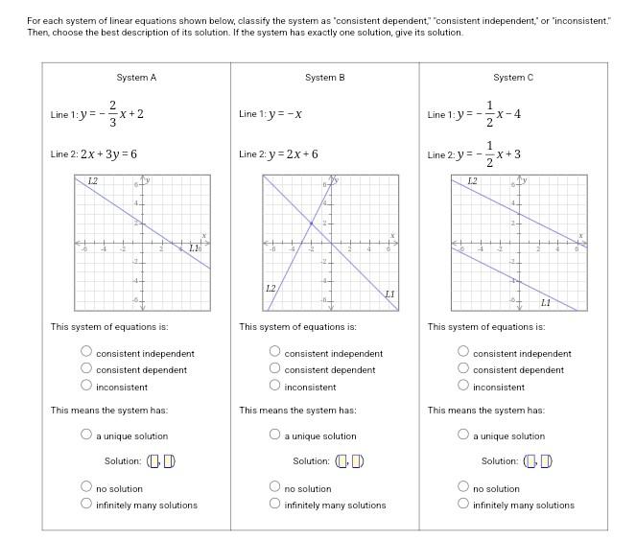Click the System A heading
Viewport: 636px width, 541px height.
point(136,78)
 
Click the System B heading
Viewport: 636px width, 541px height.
point(324,78)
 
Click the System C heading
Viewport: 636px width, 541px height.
point(513,78)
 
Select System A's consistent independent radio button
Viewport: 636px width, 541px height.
point(86,352)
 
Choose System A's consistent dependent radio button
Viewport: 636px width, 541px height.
point(86,368)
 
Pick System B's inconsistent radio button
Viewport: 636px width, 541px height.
point(275,386)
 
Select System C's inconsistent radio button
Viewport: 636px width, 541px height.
point(463,386)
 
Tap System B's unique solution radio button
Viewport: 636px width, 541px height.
point(275,435)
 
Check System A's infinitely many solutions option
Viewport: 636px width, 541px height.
point(86,504)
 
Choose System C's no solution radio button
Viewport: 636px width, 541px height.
point(463,487)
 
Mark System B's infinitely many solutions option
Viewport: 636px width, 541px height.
point(275,504)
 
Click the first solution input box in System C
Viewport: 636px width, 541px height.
point(530,461)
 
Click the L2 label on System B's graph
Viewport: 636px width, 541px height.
point(271,288)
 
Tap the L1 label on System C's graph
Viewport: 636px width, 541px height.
point(546,303)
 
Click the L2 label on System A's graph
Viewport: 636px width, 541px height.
point(92,181)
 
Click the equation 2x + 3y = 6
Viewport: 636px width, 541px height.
point(108,154)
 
